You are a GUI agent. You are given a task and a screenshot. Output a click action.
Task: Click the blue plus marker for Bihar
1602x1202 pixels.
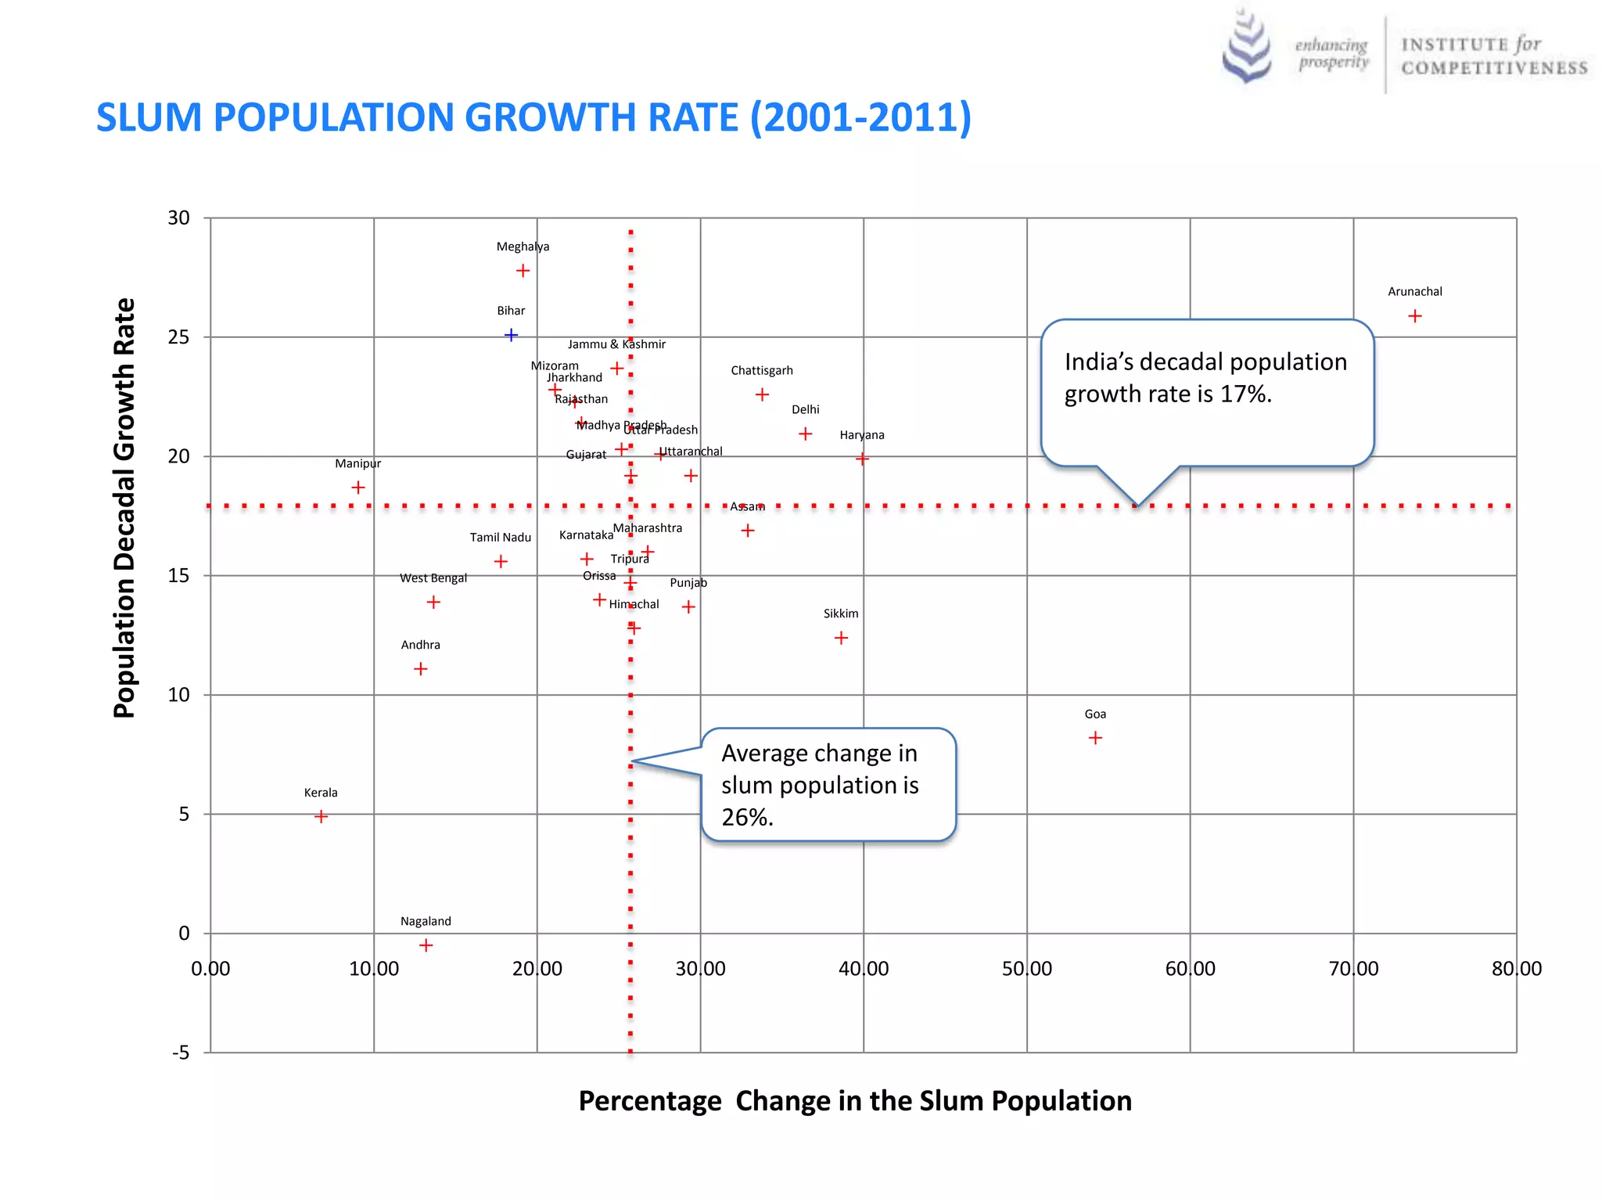(511, 335)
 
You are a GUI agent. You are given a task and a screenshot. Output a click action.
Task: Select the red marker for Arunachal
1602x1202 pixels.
(1414, 316)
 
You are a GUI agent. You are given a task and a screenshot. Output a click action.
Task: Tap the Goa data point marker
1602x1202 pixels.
(1095, 738)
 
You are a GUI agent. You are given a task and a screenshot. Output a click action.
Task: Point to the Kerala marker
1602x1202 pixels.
(321, 816)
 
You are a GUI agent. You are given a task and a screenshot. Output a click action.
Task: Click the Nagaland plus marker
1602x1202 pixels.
(426, 945)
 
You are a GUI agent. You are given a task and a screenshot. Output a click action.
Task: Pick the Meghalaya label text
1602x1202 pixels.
(523, 247)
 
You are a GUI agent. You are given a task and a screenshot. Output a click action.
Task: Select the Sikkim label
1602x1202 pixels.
(841, 614)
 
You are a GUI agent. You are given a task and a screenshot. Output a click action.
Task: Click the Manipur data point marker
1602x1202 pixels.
(358, 488)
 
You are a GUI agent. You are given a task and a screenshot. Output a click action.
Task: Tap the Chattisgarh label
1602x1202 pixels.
(762, 370)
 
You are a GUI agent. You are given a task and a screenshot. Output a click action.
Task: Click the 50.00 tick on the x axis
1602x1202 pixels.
(1026, 969)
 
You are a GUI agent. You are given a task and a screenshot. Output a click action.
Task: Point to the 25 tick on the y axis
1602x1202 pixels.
(178, 337)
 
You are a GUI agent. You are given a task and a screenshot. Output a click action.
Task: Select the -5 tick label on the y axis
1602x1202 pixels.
(181, 1053)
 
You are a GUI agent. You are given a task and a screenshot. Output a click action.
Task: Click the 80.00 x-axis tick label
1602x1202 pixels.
(1516, 969)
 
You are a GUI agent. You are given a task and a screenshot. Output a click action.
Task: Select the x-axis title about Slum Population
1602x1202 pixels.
(855, 1100)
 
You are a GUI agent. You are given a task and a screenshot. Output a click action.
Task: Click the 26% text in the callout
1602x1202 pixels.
(747, 817)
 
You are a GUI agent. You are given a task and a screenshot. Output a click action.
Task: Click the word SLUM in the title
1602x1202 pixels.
(149, 117)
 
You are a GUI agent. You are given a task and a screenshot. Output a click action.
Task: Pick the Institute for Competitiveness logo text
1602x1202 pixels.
(1493, 56)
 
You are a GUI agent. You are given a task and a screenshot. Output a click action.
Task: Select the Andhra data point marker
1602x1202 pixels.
(420, 669)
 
